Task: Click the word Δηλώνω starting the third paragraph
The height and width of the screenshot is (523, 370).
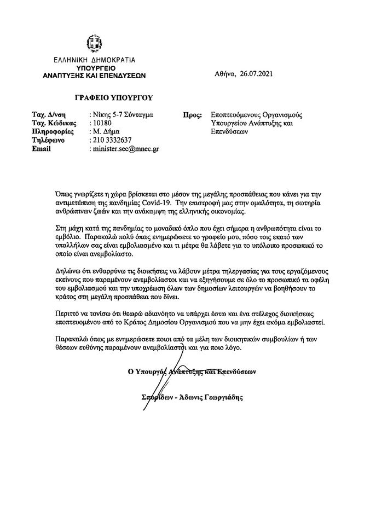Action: [69, 270]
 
